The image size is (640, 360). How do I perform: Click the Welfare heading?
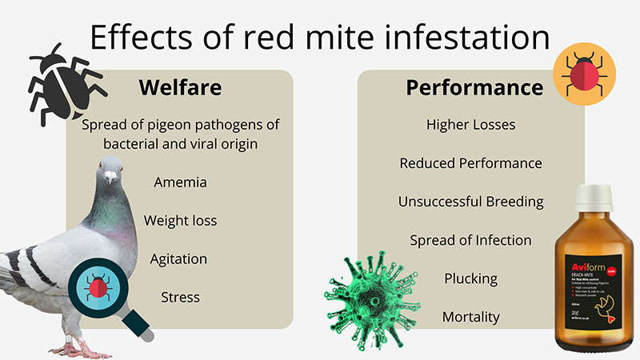tap(179, 87)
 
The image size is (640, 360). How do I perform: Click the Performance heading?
tap(474, 87)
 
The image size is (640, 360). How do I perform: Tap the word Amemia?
tap(180, 182)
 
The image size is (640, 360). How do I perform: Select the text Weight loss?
tap(180, 220)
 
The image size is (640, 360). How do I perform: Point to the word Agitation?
tap(179, 259)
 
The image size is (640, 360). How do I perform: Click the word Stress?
tap(180, 298)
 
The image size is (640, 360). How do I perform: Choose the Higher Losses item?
tap(470, 125)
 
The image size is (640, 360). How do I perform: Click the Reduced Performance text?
tap(470, 163)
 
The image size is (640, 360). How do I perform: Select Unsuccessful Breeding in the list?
tap(470, 202)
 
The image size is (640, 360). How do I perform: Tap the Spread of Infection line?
tap(470, 240)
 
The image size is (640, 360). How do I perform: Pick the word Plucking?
tap(470, 278)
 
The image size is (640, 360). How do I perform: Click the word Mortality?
tap(470, 317)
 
